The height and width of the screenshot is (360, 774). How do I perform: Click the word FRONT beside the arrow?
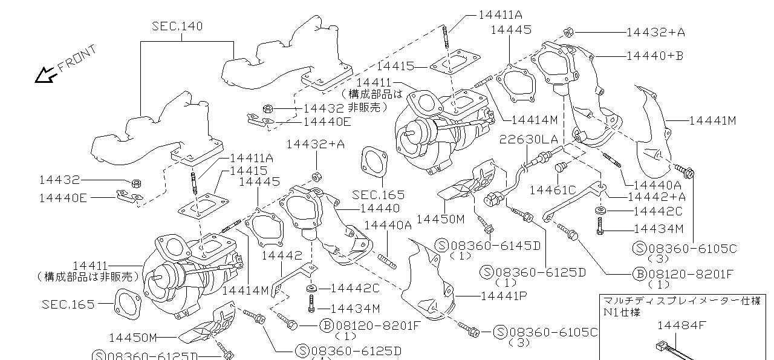pos(77,59)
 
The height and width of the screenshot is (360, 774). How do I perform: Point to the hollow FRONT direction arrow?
pos(45,75)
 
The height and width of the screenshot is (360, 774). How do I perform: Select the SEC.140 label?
pos(177,26)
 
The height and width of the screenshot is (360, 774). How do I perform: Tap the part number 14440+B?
pos(654,56)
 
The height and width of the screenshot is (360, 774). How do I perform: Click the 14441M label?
pos(712,120)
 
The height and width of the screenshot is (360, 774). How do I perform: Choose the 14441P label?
pos(503,296)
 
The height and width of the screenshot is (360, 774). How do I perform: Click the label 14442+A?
pos(657,196)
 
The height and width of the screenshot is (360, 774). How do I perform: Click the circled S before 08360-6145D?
pos(442,245)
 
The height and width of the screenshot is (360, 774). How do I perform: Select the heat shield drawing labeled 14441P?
pos(432,278)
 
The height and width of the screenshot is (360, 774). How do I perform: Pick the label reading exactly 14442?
pos(281,256)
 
